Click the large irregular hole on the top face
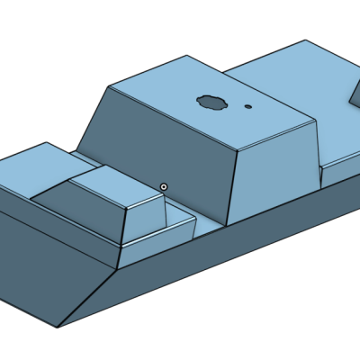(x=212, y=101)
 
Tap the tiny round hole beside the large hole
(x=248, y=106)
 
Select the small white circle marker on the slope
(x=164, y=186)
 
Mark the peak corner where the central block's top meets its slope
(x=109, y=86)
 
